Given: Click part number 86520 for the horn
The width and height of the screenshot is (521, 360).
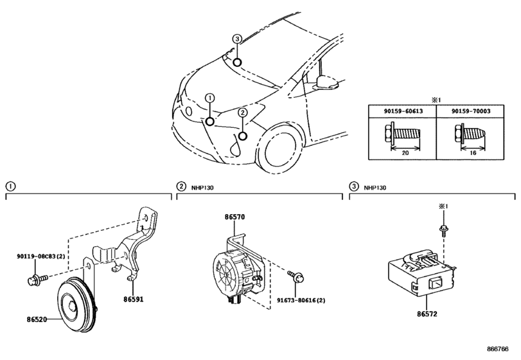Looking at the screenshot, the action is point(37,319).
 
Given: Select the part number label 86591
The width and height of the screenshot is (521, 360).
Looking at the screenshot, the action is point(134,299).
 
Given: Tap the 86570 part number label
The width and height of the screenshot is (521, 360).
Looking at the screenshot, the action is point(234,217).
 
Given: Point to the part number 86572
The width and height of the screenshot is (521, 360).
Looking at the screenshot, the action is point(427,314).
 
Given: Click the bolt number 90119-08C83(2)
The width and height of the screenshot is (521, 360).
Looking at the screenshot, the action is point(41,256).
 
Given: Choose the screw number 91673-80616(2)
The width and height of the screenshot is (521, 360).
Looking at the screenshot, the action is point(301,300).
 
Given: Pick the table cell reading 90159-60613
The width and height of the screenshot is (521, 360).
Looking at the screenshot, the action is point(403,111).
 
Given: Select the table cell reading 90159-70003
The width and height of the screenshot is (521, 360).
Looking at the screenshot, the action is point(471,111).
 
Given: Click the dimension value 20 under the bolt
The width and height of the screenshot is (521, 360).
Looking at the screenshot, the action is point(405,153).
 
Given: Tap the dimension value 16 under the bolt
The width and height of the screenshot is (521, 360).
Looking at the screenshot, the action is point(473,153).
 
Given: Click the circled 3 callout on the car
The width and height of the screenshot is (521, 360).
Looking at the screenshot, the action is point(236,39).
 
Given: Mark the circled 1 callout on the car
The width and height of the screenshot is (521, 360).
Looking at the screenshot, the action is point(209,98).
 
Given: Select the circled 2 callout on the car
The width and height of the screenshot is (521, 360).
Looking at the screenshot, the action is point(243,113).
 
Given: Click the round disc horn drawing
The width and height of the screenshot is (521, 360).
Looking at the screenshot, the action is point(76,304).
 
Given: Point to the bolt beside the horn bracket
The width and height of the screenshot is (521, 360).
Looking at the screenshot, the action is point(37,279).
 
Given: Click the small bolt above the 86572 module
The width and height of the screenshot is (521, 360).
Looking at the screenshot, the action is point(443,230).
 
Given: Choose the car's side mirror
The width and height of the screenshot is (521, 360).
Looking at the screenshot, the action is point(327,82).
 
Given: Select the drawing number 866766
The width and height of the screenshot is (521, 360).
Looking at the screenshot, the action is point(498,349).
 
